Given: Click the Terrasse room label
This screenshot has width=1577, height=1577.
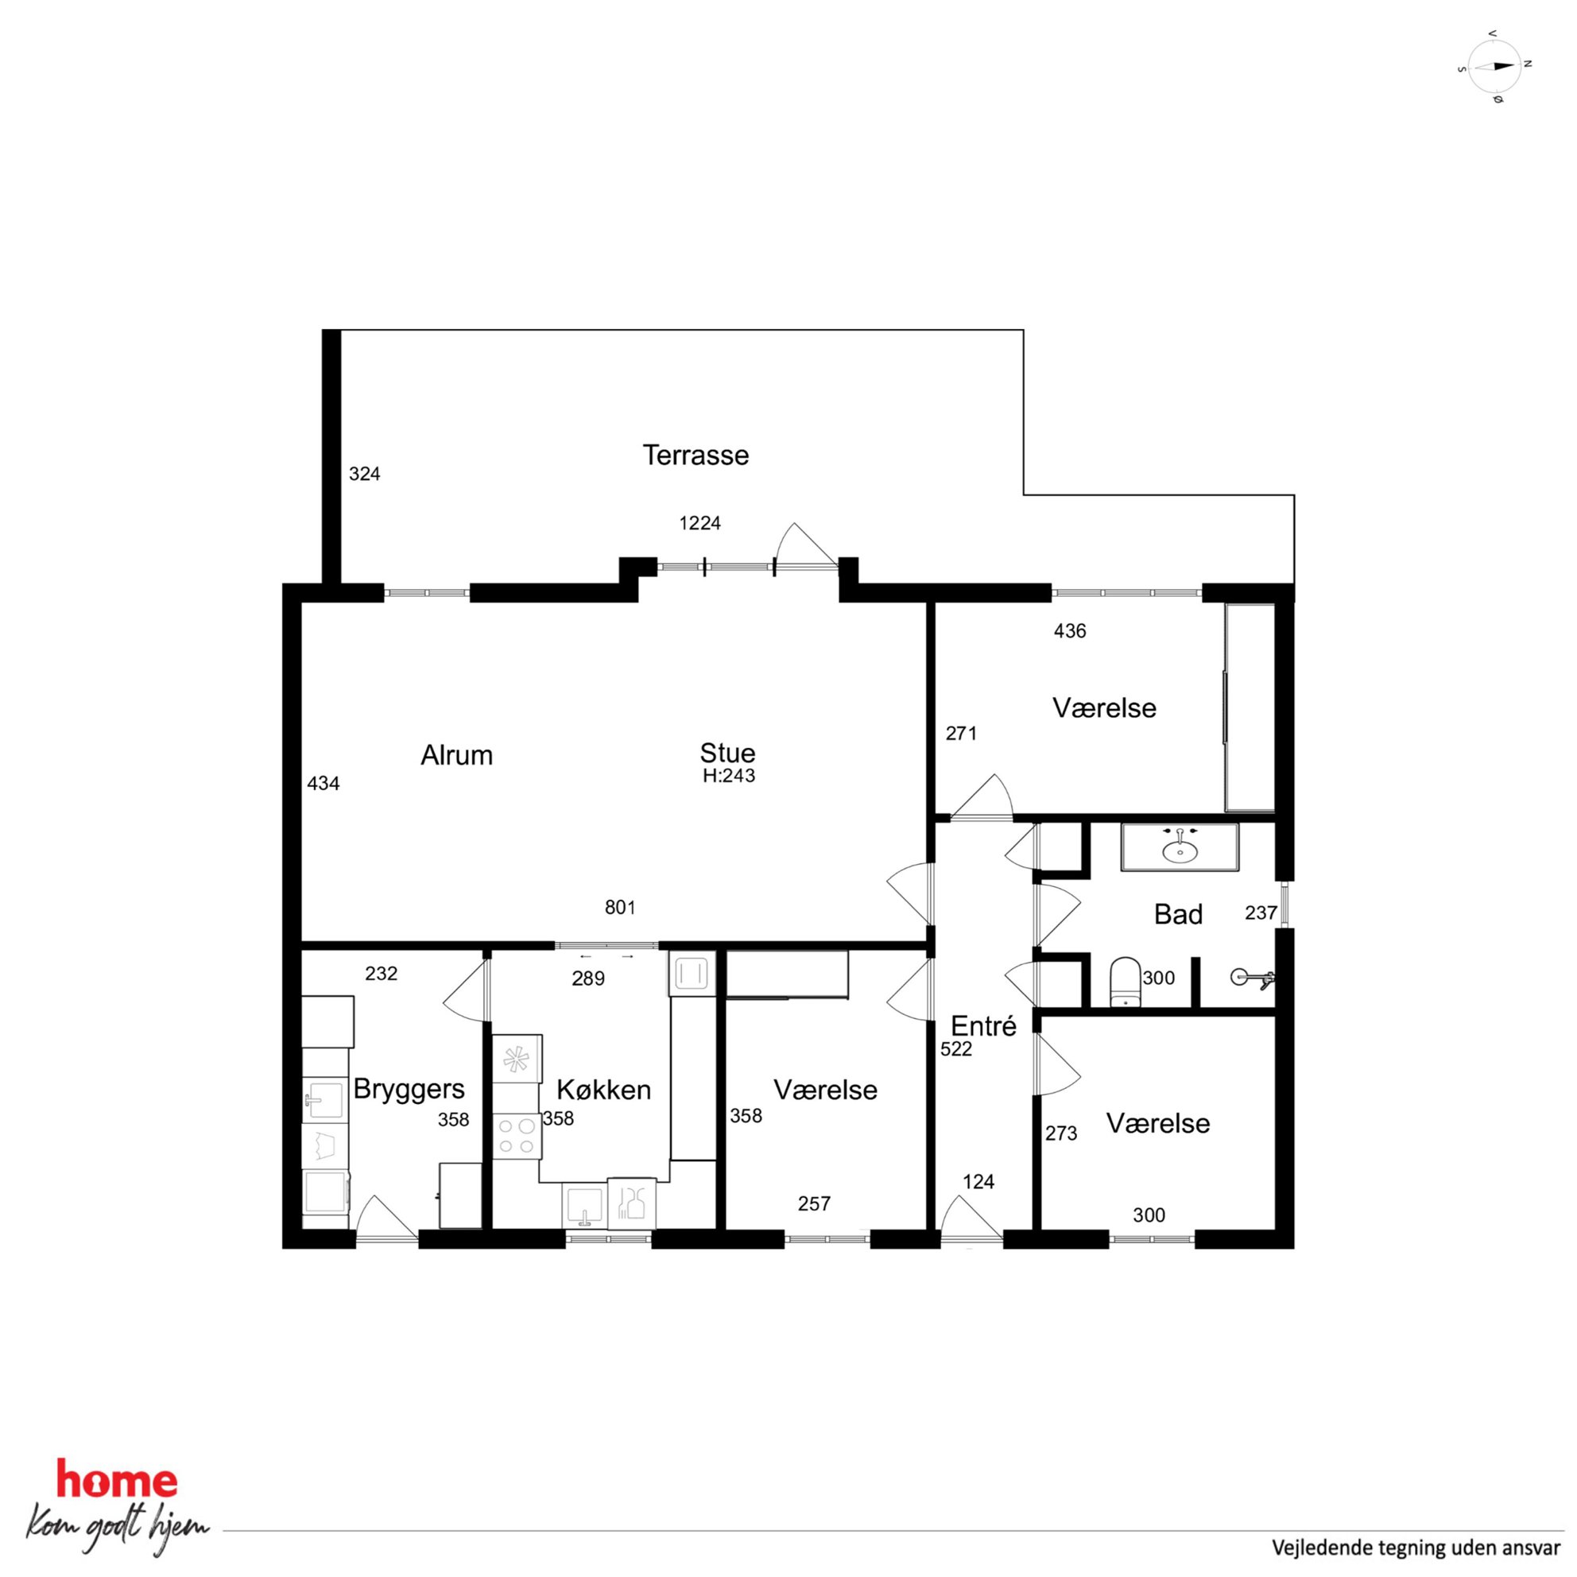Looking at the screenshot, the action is (696, 455).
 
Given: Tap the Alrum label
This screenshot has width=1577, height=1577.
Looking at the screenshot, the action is (456, 755).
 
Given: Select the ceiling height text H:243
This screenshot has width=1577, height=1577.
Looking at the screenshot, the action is (729, 777).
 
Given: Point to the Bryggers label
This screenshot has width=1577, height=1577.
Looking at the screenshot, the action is (409, 1090).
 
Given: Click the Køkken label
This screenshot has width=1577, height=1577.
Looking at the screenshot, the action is (604, 1090).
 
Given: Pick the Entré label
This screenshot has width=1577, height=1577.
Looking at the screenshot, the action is (983, 1026).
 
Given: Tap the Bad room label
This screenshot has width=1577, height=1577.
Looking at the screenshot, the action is (1178, 914).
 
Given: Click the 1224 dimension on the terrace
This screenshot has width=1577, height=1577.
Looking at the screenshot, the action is (699, 523).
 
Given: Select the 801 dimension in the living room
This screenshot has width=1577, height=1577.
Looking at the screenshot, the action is (619, 907).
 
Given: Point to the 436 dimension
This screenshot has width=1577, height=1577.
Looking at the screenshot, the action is (1069, 631).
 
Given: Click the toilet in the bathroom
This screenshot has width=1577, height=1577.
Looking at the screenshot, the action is (1125, 982).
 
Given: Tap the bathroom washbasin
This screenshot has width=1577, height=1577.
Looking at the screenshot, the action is (1180, 847).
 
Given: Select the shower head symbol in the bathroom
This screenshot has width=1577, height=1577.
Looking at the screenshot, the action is (1252, 975).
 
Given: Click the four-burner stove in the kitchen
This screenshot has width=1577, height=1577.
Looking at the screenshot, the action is (516, 1135).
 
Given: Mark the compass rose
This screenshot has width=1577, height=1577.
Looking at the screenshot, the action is (1494, 67).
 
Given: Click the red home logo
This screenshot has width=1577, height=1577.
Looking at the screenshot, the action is (117, 1481).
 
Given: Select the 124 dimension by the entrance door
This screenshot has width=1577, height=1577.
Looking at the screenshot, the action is (978, 1181).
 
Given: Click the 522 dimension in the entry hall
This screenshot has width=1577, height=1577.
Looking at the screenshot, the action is (956, 1049).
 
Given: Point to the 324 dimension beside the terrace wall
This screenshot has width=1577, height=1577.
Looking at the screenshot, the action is (364, 475).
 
